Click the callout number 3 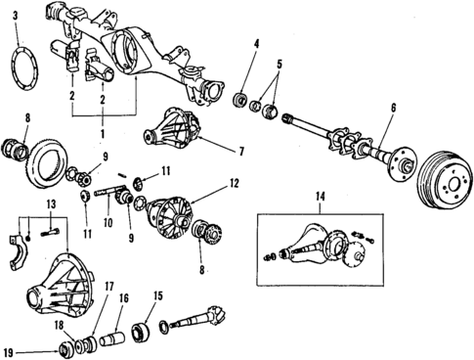tap(14, 17)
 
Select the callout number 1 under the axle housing tap(101, 131)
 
